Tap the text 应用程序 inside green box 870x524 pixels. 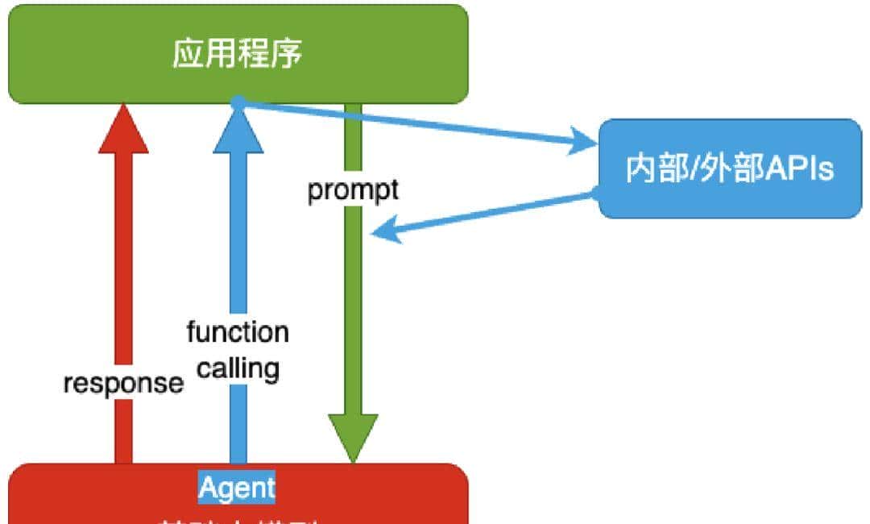[x=238, y=54]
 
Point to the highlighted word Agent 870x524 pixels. [x=237, y=488]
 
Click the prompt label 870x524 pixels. [x=353, y=190]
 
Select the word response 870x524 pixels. [x=123, y=383]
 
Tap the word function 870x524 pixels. [x=238, y=332]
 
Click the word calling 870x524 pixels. [x=238, y=368]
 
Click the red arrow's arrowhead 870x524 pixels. [x=123, y=129]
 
